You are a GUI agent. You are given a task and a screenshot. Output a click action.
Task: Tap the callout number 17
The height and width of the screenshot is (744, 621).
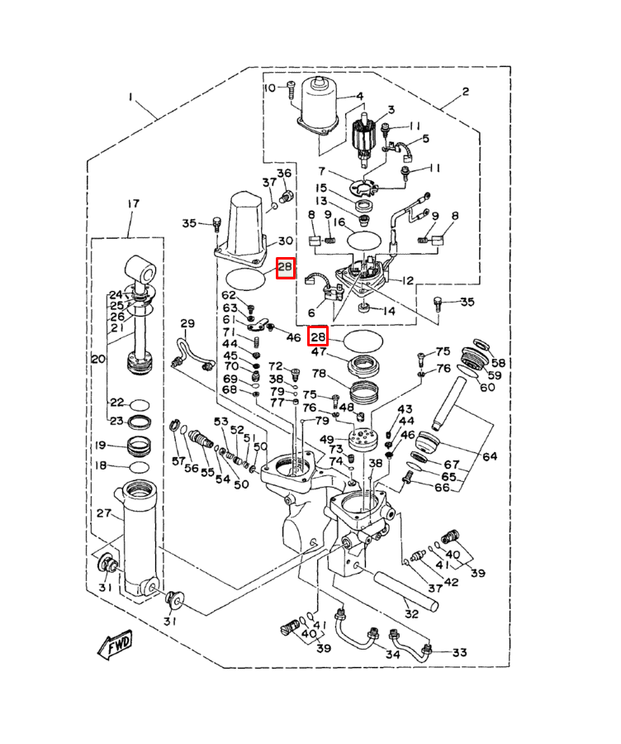(x=133, y=203)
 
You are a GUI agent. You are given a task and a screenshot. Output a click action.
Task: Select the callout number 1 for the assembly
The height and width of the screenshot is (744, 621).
(x=130, y=97)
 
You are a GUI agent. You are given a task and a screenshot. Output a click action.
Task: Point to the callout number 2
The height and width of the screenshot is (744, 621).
(x=466, y=92)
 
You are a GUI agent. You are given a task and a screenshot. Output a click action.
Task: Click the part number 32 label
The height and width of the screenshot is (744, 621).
(x=411, y=613)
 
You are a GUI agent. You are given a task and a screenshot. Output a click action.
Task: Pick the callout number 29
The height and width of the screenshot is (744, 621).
(x=187, y=323)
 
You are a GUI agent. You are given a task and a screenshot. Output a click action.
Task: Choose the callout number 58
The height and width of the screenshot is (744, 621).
(x=498, y=363)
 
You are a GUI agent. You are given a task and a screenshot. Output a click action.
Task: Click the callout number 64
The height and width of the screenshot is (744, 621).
(x=490, y=456)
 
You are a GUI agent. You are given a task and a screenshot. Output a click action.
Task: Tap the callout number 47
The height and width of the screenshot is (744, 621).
(x=319, y=352)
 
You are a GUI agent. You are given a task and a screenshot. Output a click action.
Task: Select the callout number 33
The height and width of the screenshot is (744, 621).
(x=459, y=652)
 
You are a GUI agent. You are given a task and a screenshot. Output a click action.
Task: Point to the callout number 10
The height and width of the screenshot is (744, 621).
(x=271, y=88)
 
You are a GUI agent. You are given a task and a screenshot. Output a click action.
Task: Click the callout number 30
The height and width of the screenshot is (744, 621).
(x=285, y=241)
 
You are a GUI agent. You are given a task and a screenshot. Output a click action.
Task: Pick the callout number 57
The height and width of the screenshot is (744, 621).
(x=178, y=460)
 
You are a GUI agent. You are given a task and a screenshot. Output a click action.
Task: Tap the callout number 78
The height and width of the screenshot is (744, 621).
(x=319, y=374)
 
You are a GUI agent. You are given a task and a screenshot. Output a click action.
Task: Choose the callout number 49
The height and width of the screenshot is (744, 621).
(x=327, y=440)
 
